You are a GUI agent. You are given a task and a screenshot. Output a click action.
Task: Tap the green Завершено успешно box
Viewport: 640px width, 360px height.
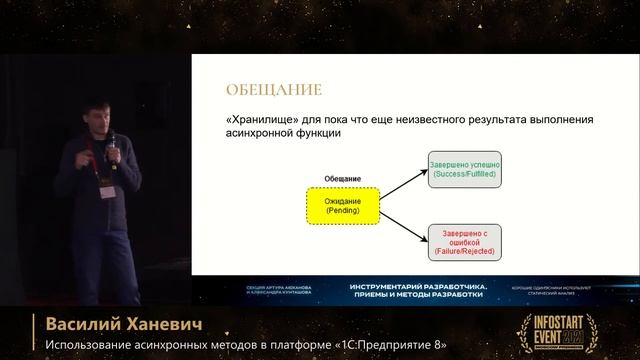464,169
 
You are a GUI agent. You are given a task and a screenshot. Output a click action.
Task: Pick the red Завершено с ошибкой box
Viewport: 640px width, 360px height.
464,241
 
